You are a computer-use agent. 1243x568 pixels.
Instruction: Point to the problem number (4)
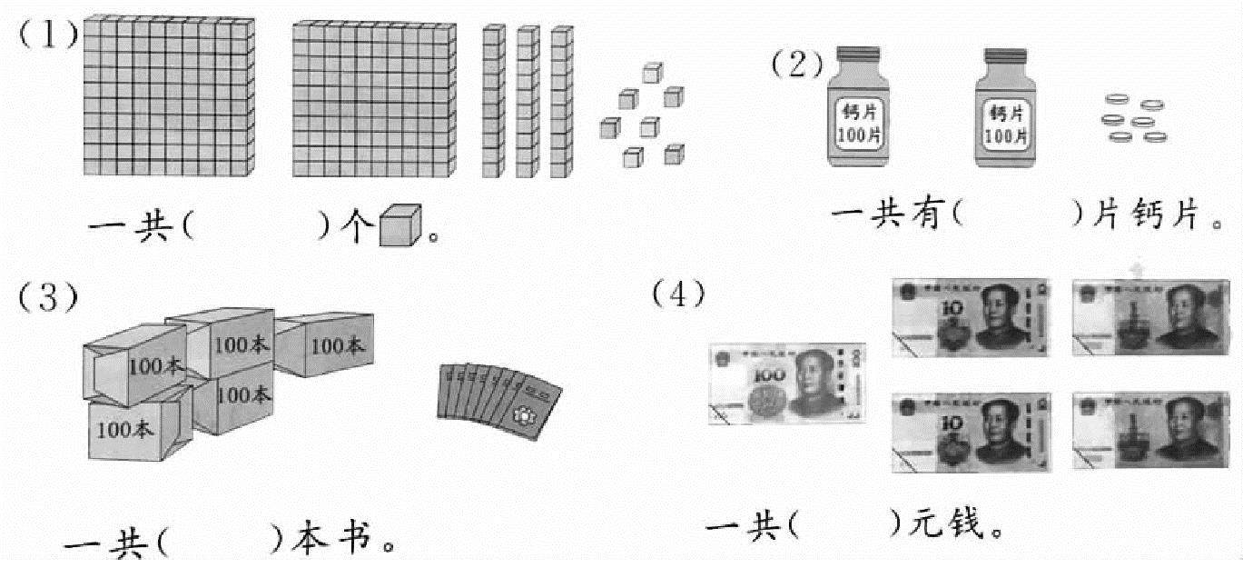(678, 294)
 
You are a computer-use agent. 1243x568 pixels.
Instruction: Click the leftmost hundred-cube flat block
(168, 97)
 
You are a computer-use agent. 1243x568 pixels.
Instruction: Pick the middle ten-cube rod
(528, 102)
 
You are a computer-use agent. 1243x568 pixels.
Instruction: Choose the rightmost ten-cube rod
(561, 102)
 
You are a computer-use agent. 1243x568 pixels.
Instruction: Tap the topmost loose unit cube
(653, 73)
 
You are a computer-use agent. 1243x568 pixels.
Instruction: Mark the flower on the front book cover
(523, 414)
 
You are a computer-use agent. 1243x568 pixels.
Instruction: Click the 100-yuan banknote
(786, 384)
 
